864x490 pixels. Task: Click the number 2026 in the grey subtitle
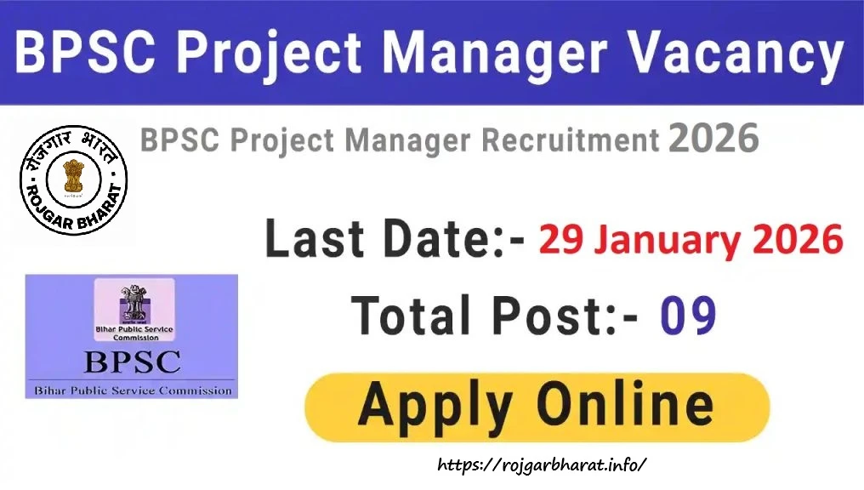tap(713, 139)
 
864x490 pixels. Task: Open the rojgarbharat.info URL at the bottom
tap(543, 464)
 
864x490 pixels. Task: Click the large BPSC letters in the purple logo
tap(132, 362)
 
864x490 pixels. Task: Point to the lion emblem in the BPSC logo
tap(133, 300)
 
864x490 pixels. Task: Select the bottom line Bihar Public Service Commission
tap(132, 390)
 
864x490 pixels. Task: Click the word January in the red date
tap(662, 242)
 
